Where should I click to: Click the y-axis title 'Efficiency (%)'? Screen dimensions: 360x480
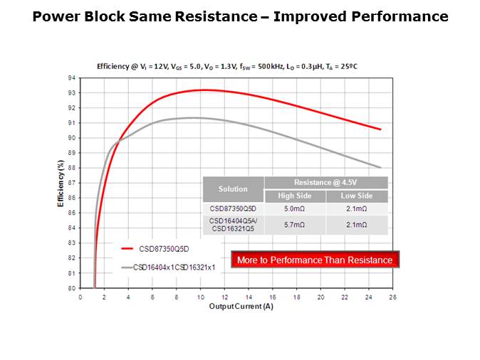[61, 183]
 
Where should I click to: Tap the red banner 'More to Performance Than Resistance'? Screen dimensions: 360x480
[314, 260]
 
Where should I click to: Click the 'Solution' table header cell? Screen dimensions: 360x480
[233, 189]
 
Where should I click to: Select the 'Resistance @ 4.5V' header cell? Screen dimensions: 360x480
[325, 183]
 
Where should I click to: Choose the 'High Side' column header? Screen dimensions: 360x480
[295, 196]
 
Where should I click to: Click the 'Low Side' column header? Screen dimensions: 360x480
[357, 196]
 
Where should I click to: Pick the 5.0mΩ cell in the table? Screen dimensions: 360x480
[295, 209]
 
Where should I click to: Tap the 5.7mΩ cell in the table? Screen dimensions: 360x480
[295, 225]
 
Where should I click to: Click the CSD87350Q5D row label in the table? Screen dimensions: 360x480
[233, 209]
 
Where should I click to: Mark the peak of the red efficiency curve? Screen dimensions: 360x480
[204, 90]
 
